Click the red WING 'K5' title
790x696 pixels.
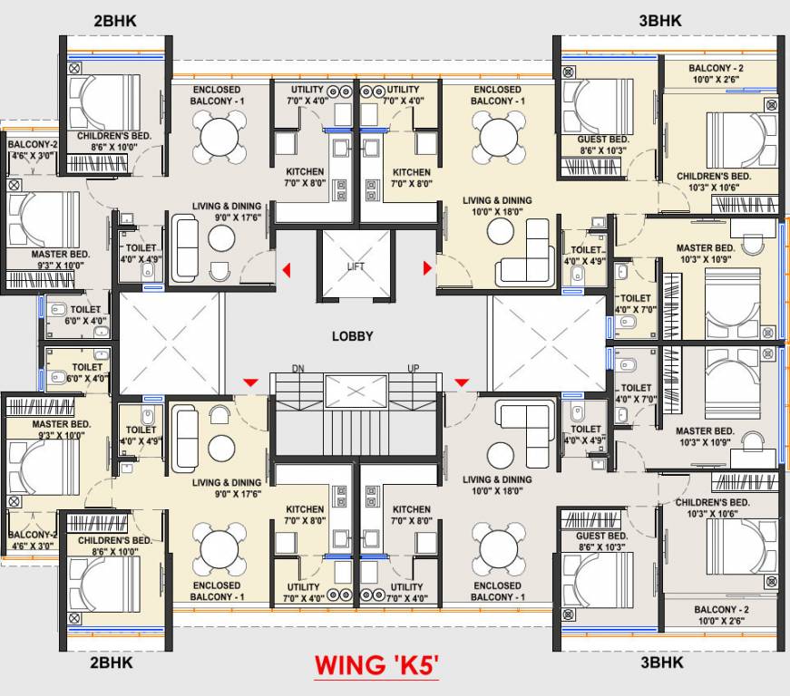click(x=376, y=666)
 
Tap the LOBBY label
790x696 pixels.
click(x=352, y=336)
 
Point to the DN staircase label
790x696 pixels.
click(x=297, y=368)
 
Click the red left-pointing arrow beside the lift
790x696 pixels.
click(x=286, y=269)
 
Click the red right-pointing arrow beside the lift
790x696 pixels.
click(x=426, y=268)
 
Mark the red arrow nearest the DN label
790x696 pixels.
click(x=248, y=384)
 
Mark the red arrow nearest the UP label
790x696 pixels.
click(x=461, y=384)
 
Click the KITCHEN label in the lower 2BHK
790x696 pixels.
click(x=306, y=509)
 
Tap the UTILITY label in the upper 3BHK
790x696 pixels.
click(x=403, y=90)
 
